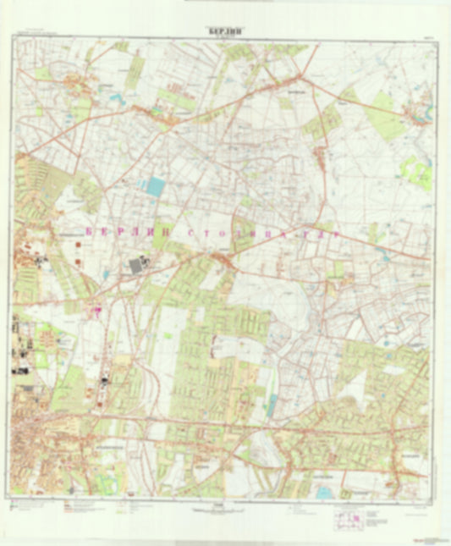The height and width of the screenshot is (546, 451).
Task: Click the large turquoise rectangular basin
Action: (x=156, y=186)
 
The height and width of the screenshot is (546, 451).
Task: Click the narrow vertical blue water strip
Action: (x=272, y=405)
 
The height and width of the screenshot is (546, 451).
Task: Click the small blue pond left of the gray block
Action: (x=107, y=273)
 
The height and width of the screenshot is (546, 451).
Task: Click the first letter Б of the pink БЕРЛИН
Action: (x=91, y=229)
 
